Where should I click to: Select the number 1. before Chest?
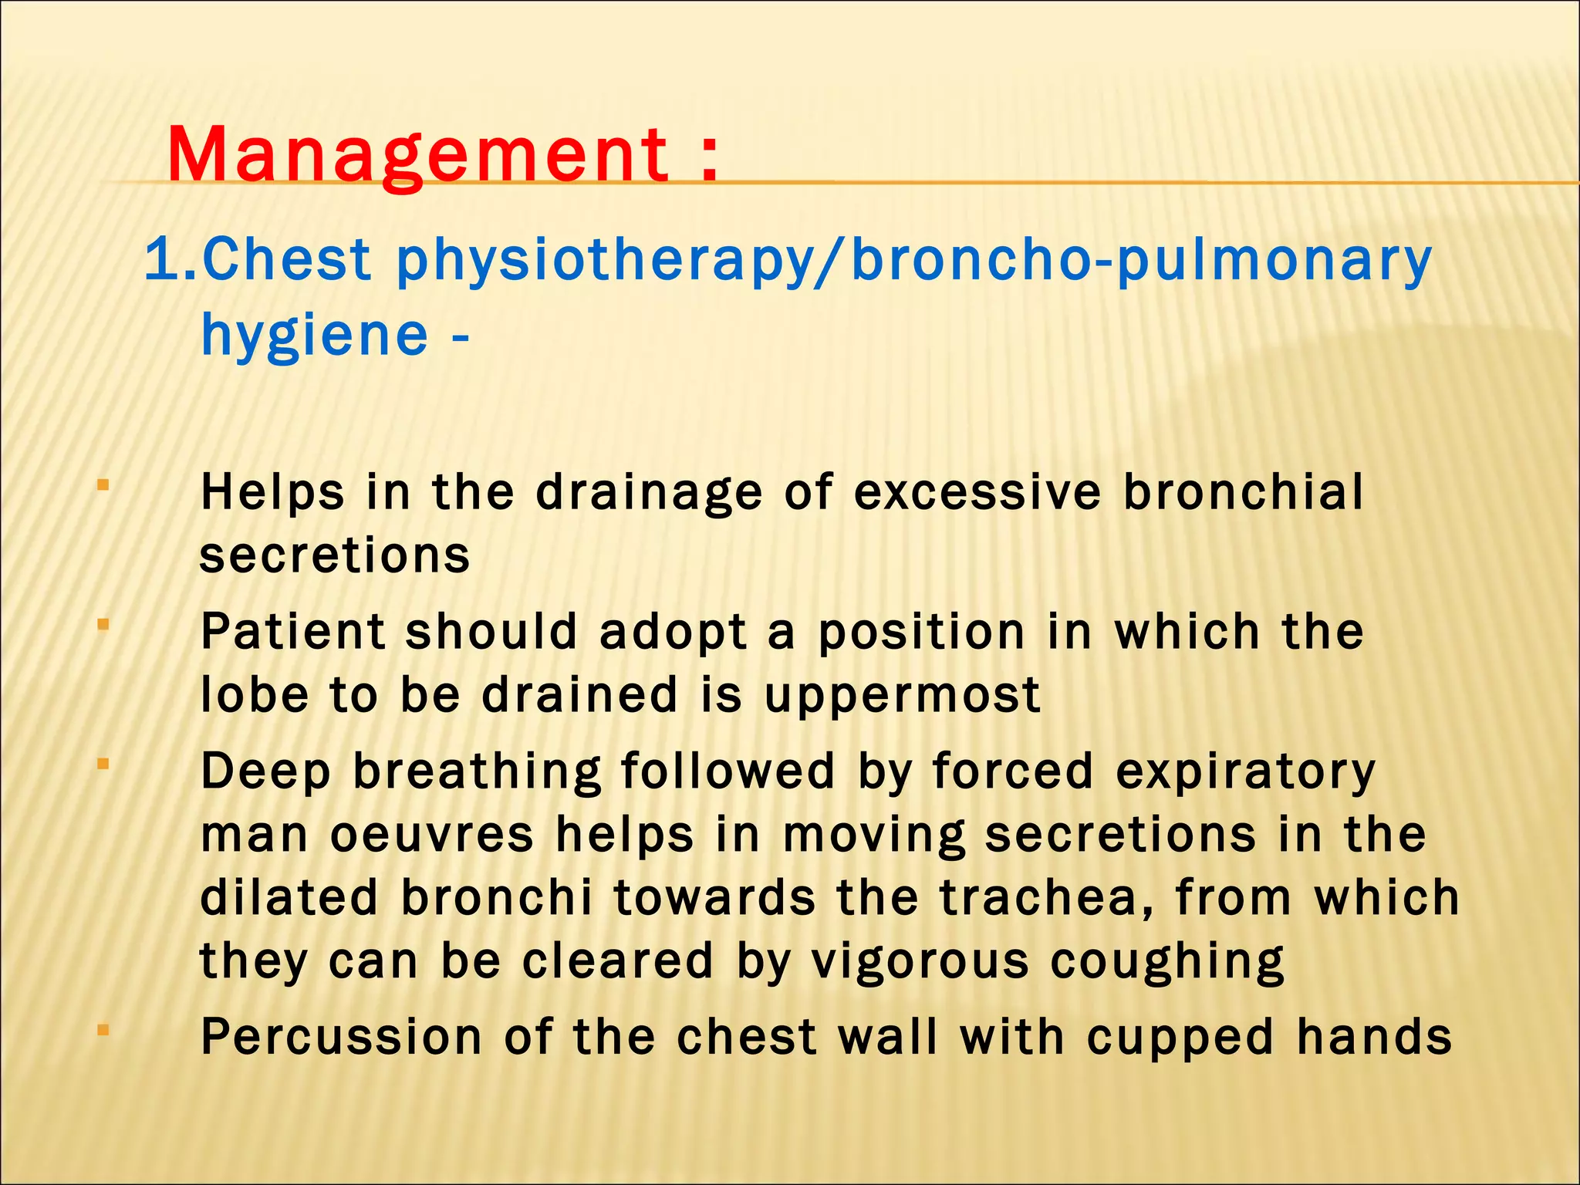point(170,260)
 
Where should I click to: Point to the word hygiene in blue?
point(314,336)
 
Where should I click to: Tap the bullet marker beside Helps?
point(103,486)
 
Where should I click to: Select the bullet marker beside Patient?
point(103,625)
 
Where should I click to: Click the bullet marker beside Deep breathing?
point(103,765)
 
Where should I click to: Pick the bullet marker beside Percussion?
point(103,1029)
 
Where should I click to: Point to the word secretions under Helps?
point(335,555)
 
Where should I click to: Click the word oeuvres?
point(431,836)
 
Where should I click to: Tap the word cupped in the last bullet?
point(1180,1038)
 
